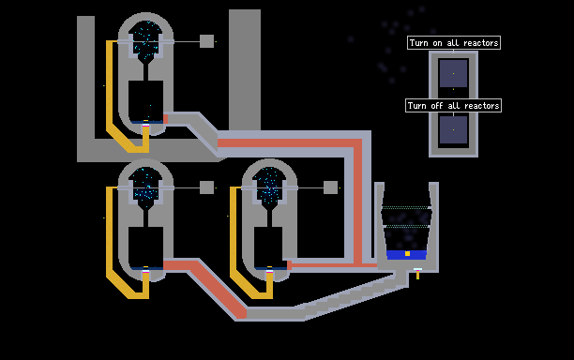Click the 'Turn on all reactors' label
tap(454, 43)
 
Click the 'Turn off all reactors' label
tap(453, 106)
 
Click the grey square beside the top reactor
tap(207, 41)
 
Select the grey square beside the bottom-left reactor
tap(207, 187)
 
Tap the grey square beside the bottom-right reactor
tap(330, 187)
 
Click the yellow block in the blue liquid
tap(407, 253)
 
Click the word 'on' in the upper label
tap(437, 43)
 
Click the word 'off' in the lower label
tap(437, 106)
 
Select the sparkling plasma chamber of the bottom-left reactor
tap(145, 186)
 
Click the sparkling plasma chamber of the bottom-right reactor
tap(269, 186)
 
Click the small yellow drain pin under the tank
tap(417, 275)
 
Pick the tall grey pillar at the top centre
tap(245, 69)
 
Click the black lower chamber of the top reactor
tap(145, 100)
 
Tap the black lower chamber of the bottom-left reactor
tap(145, 247)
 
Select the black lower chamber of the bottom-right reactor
tap(268, 247)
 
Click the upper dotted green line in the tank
tap(406, 207)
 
